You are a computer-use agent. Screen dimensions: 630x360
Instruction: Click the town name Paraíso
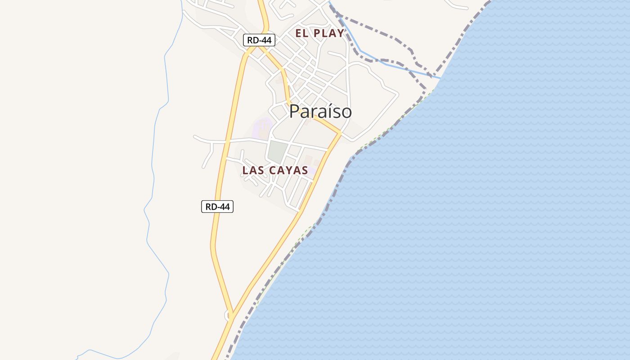tap(320, 112)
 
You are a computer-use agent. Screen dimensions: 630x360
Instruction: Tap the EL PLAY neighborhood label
tap(319, 33)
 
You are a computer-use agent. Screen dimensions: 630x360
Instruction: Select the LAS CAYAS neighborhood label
tap(275, 171)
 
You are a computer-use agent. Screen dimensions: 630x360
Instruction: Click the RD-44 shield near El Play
tap(259, 40)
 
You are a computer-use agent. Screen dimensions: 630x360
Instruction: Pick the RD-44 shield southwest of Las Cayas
tap(217, 207)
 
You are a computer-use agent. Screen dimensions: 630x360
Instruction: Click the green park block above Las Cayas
tap(277, 151)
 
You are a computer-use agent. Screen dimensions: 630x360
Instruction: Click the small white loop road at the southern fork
tap(227, 316)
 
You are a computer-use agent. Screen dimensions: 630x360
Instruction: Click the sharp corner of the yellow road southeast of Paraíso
tap(340, 134)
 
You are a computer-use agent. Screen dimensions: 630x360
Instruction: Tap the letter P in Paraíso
tap(294, 112)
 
